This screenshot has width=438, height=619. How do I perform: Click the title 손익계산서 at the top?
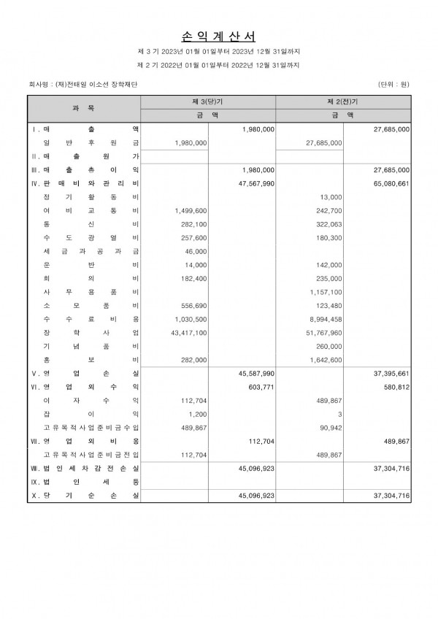[218, 35]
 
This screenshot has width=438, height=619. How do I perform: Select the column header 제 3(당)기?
[208, 101]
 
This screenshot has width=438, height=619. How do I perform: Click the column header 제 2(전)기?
[343, 101]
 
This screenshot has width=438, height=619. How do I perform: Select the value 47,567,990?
[256, 184]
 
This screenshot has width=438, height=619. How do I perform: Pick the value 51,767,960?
[323, 332]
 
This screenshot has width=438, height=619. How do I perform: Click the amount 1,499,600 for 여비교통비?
[191, 210]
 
